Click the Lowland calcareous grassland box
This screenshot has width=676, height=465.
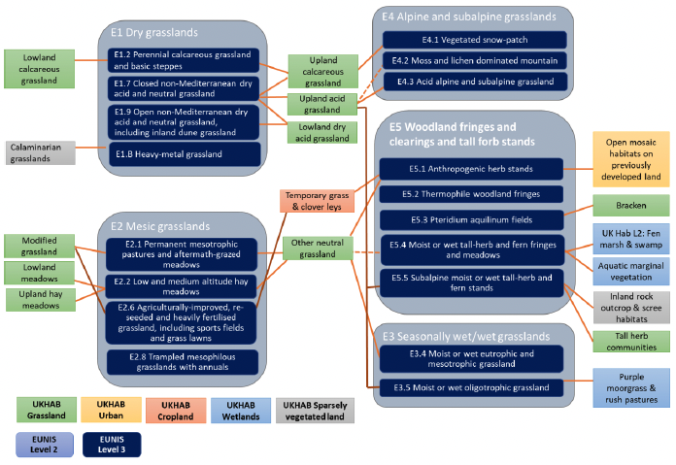pyautogui.click(x=39, y=69)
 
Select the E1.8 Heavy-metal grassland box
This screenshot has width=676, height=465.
pyautogui.click(x=184, y=154)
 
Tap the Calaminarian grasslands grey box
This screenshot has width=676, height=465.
pyautogui.click(x=41, y=153)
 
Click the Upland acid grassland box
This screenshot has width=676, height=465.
pyautogui.click(x=322, y=104)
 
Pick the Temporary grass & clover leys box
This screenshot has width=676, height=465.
pyautogui.click(x=317, y=201)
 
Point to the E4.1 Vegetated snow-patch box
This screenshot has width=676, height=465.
pyautogui.click(x=475, y=40)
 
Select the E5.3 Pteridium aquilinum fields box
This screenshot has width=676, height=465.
pyautogui.click(x=472, y=220)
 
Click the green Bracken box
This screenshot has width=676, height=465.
pyautogui.click(x=631, y=206)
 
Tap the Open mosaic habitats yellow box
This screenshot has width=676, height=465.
pyautogui.click(x=631, y=159)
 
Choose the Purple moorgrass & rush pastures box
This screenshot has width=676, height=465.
pyautogui.click(x=631, y=388)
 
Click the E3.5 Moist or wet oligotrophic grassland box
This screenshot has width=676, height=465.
pyautogui.click(x=471, y=388)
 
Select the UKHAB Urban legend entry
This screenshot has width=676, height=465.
pyautogui.click(x=111, y=410)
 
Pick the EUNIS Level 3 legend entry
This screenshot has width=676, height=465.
pyautogui.click(x=112, y=445)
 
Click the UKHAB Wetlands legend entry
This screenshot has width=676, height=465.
pyautogui.click(x=241, y=411)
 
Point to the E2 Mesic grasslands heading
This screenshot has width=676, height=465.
pyautogui.click(x=160, y=227)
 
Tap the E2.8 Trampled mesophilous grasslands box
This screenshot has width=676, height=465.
pyautogui.click(x=183, y=362)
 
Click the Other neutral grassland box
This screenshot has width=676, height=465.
pyautogui.click(x=318, y=249)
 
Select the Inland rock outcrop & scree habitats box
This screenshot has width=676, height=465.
pyautogui.click(x=631, y=308)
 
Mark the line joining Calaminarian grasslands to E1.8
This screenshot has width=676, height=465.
pyautogui.click(x=91, y=148)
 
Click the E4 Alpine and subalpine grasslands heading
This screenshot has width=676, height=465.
pyautogui.click(x=469, y=17)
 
